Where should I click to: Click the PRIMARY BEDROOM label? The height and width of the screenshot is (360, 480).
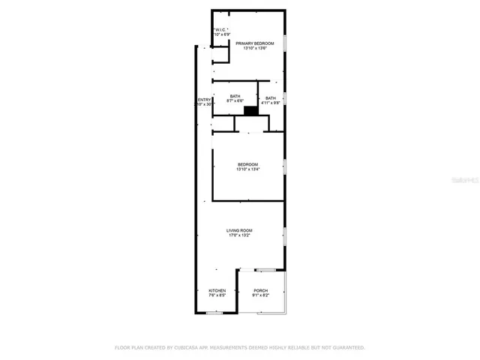pyautogui.click(x=254, y=43)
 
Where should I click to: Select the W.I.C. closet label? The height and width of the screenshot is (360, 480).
pyautogui.click(x=221, y=29)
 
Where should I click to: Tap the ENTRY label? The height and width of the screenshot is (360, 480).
pyautogui.click(x=204, y=100)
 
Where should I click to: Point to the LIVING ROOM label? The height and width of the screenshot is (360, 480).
pyautogui.click(x=239, y=230)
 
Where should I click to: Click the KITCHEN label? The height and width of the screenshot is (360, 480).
pyautogui.click(x=217, y=290)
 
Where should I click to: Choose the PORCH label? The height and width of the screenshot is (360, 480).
pyautogui.click(x=261, y=290)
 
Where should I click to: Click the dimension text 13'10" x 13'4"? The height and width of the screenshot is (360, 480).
pyautogui.click(x=247, y=169)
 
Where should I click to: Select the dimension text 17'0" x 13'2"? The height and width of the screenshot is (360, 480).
pyautogui.click(x=239, y=235)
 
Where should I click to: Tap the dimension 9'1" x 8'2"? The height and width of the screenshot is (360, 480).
pyautogui.click(x=261, y=295)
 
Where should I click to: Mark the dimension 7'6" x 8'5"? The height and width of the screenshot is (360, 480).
pyautogui.click(x=217, y=295)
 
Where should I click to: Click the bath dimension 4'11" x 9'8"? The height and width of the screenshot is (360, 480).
pyautogui.click(x=270, y=102)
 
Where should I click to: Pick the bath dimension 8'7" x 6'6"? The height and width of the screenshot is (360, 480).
pyautogui.click(x=235, y=102)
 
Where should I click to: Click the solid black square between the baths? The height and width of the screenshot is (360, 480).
pyautogui.click(x=251, y=111)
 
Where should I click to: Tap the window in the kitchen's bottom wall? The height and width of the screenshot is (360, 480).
pyautogui.click(x=214, y=313)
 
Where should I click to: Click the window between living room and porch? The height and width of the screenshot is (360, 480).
pyautogui.click(x=265, y=268)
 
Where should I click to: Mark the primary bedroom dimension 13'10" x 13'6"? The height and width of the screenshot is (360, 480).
pyautogui.click(x=254, y=49)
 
